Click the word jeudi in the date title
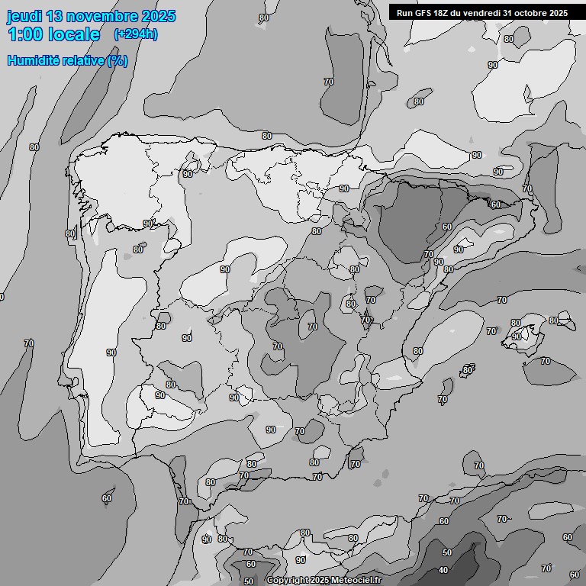click(24, 16)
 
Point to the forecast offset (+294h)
click(135, 34)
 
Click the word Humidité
click(32, 60)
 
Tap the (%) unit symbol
click(118, 60)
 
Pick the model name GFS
click(425, 13)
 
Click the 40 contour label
click(443, 570)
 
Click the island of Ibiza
click(466, 371)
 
